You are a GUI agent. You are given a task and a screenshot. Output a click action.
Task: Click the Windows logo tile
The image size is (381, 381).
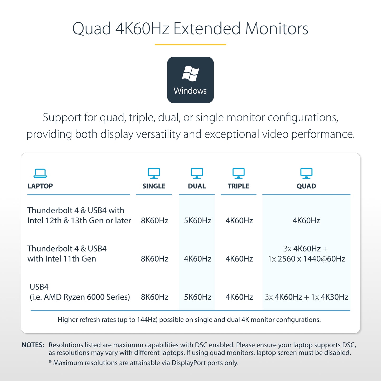point(190,80)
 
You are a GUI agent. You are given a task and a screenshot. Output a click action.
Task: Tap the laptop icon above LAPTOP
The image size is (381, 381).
point(40,173)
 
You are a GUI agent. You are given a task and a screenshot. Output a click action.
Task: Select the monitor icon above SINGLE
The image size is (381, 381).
point(154,173)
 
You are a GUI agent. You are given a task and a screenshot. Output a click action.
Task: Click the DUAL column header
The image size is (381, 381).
point(197,186)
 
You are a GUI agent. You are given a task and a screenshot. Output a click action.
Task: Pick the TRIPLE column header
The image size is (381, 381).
point(238,186)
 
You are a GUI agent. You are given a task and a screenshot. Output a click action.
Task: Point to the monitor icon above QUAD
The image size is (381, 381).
point(306,173)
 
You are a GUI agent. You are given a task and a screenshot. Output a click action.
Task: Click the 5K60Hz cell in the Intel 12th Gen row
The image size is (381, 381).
point(198,220)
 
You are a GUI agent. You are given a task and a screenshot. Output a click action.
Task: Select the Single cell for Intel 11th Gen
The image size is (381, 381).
point(155,259)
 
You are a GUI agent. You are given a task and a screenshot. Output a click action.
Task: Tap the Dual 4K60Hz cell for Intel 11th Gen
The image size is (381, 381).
point(198,259)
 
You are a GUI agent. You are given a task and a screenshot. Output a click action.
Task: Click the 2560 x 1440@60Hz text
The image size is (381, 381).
point(311,259)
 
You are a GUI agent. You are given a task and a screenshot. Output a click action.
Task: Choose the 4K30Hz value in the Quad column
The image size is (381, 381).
point(334,297)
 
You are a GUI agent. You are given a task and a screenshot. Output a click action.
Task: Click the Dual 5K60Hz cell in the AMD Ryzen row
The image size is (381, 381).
point(198,297)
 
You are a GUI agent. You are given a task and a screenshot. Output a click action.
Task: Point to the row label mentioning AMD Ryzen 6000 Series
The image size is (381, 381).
point(80,292)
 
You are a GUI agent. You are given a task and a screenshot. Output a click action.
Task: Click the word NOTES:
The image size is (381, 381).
point(33,345)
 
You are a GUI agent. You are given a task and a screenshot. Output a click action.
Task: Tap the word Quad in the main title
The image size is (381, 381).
point(91,29)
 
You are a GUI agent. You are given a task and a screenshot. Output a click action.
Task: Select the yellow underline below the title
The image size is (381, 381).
point(190,45)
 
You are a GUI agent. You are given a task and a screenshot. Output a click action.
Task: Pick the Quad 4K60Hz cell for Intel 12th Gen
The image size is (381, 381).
point(306,220)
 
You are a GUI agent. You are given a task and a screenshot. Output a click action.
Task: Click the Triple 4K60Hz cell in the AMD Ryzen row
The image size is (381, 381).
point(239,297)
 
